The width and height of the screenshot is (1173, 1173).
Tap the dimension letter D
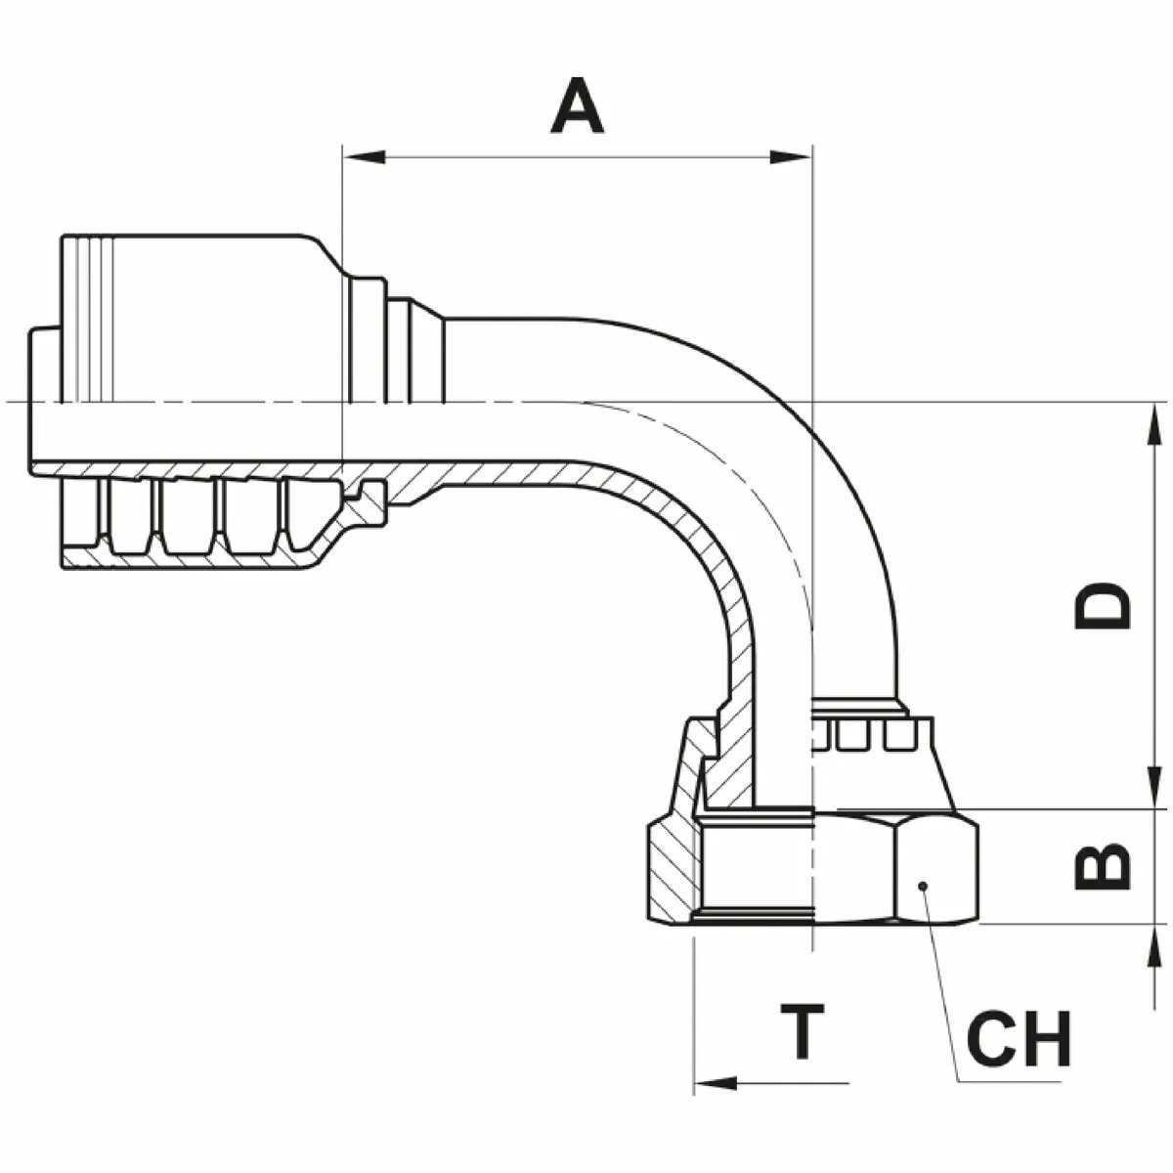1103,607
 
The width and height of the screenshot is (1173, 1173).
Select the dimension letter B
1103,866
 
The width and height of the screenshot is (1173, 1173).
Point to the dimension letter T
804,1031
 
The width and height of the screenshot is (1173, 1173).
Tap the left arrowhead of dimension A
362,156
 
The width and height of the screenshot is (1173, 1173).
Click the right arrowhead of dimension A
792,156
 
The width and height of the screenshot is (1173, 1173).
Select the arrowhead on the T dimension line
714,1083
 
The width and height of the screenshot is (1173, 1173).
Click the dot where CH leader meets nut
921,886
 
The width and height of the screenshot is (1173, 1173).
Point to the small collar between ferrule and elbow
414,352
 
